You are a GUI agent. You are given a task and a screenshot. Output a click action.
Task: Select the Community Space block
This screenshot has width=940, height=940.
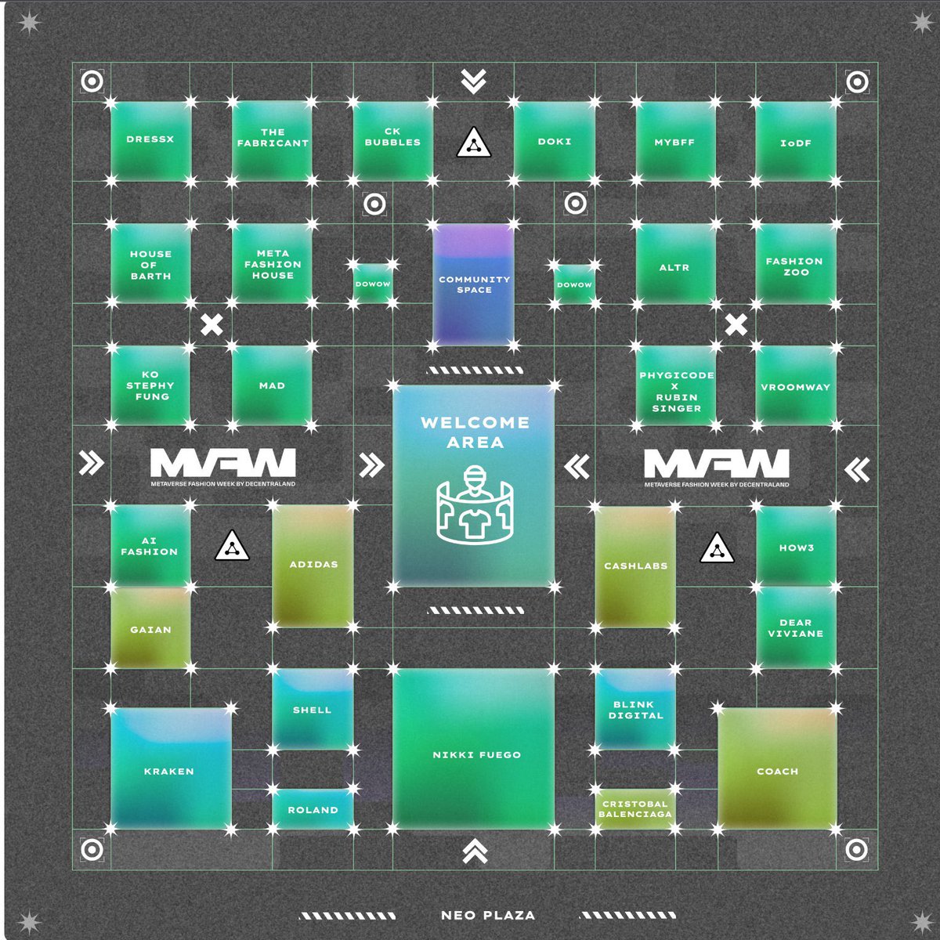click(474, 284)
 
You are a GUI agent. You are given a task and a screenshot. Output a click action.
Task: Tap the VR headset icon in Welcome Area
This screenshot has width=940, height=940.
click(474, 504)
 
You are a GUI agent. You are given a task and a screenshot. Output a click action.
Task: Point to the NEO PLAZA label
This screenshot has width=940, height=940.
click(487, 915)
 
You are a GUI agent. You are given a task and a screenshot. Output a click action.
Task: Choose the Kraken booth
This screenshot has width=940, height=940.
click(170, 769)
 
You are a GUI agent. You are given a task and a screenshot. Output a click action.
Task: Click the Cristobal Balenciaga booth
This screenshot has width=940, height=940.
click(634, 809)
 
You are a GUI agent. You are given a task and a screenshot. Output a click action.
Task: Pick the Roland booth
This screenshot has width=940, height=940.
click(313, 809)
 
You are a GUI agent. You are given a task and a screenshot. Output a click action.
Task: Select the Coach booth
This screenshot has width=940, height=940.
click(777, 769)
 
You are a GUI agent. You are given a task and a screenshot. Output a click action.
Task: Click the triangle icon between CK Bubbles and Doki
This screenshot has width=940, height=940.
click(474, 143)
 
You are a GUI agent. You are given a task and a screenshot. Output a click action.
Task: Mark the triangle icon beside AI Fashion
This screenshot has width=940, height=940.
click(232, 546)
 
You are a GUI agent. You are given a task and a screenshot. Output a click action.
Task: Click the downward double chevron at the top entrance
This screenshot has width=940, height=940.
click(474, 81)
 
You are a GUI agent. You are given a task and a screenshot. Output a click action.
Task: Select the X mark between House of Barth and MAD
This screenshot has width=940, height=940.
click(211, 324)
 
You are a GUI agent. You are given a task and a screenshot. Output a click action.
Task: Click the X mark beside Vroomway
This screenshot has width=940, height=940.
click(736, 324)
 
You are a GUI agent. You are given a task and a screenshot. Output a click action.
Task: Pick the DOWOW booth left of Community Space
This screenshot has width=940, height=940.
click(373, 284)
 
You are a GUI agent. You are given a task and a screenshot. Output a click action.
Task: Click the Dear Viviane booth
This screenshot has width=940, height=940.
click(796, 627)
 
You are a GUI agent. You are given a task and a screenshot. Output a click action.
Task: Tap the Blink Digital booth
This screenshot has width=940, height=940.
click(635, 709)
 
